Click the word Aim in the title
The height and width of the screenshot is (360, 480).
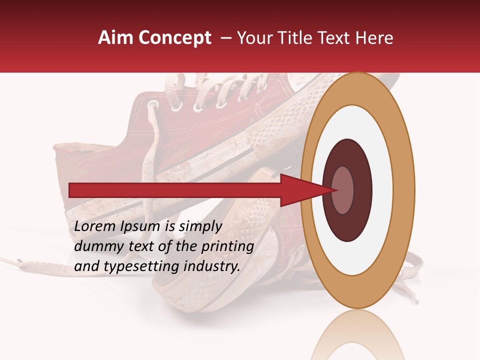point(116,38)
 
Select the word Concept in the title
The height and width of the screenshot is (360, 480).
point(175,38)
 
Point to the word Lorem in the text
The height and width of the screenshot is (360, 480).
point(94,226)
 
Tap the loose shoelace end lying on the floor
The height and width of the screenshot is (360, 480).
point(20,261)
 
